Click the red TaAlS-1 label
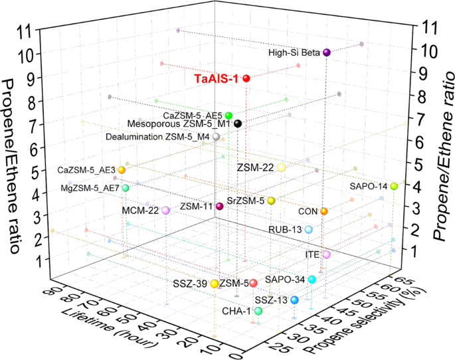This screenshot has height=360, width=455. click(x=217, y=79)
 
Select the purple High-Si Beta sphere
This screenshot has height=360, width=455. click(x=327, y=52)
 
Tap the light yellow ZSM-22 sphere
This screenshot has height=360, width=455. click(x=281, y=168)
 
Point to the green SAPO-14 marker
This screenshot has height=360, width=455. click(x=394, y=187)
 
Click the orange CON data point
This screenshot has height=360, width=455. click(x=324, y=211)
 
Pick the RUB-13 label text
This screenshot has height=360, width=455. click(x=286, y=230)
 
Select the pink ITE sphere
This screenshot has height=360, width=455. click(x=326, y=254)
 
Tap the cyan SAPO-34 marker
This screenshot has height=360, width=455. click(x=312, y=280)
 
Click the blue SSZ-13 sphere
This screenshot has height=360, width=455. click(x=294, y=300)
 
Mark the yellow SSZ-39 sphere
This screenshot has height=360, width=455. click(x=215, y=284)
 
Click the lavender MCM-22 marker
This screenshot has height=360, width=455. click(x=165, y=211)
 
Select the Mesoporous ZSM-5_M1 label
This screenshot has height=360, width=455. click(x=178, y=124)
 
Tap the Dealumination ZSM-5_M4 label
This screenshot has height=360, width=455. click(x=157, y=137)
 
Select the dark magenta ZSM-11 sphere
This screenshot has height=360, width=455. click(x=219, y=207)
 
